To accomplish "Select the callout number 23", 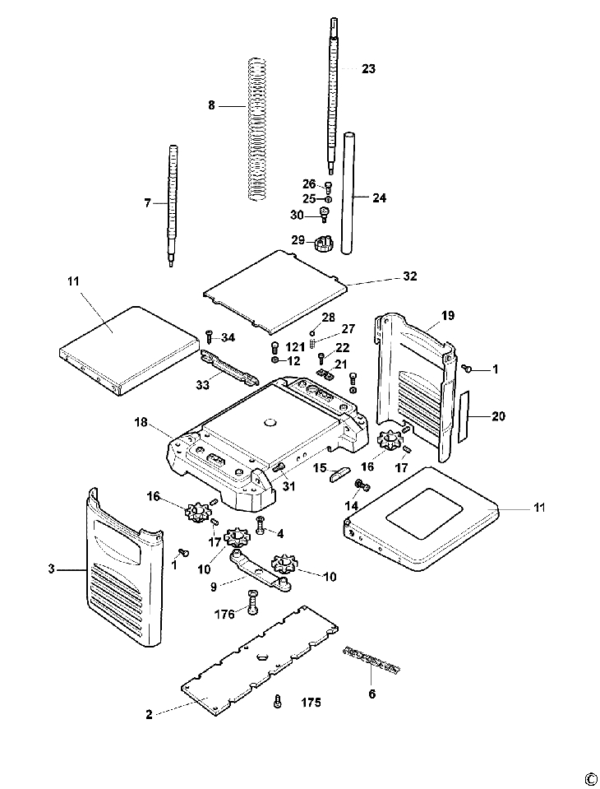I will coord(368,69).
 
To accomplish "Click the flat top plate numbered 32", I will coord(279,288).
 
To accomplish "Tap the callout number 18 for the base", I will coord(141,422).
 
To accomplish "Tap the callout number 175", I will coord(311,703).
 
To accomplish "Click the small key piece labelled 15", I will coord(340,471).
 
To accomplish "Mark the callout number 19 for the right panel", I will coord(447,315).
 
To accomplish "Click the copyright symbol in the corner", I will coord(590,778).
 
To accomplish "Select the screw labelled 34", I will coord(209,336).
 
